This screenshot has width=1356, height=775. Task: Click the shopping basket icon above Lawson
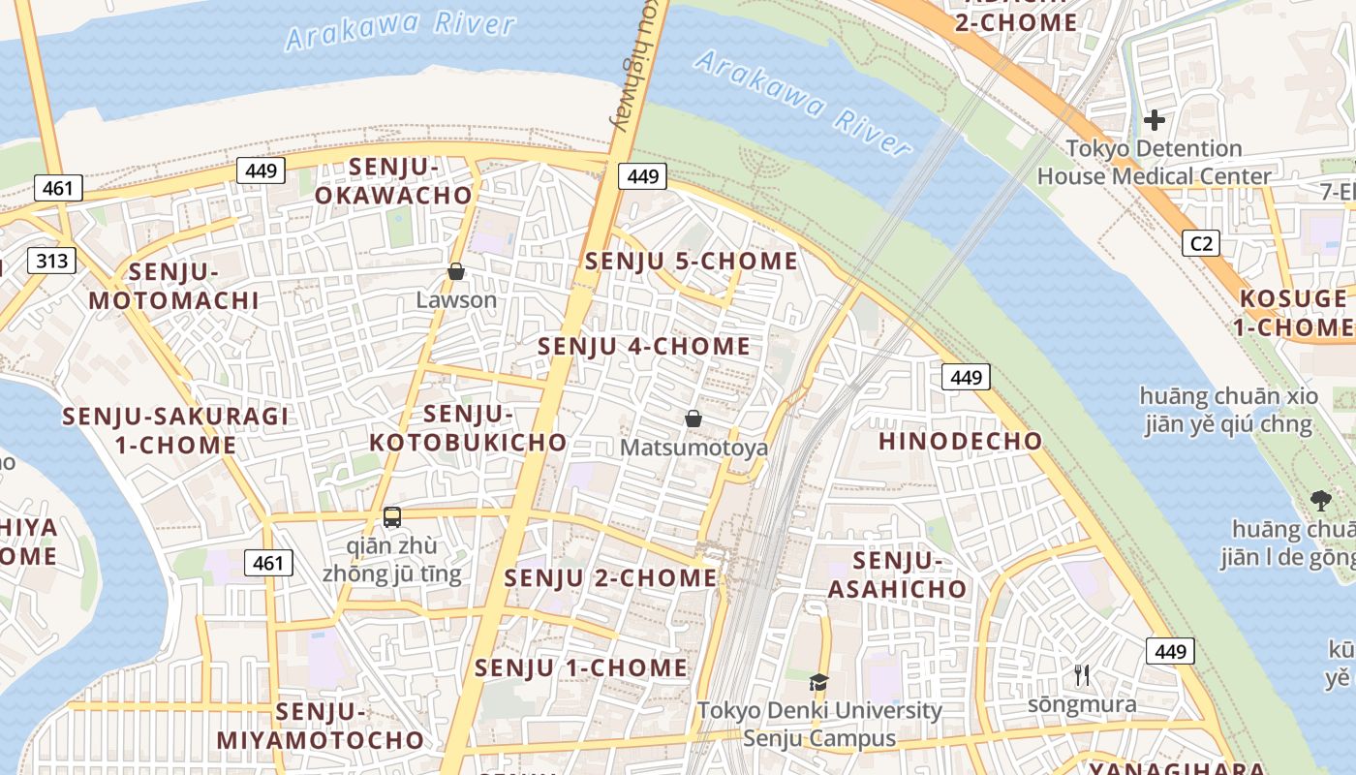pyautogui.click(x=456, y=272)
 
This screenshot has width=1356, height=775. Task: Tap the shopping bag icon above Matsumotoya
pyautogui.click(x=693, y=418)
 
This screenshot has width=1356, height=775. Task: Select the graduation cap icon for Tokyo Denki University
pyautogui.click(x=818, y=682)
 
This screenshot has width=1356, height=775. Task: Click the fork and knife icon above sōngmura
pyautogui.click(x=1082, y=675)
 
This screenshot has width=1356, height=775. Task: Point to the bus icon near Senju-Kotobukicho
pyautogui.click(x=392, y=517)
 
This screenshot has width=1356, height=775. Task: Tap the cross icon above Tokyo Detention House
pyautogui.click(x=1154, y=120)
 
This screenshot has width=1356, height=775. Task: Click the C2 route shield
pyautogui.click(x=1201, y=243)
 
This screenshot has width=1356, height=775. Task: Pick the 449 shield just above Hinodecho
pyautogui.click(x=966, y=377)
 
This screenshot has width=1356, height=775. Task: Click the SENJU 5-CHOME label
pyautogui.click(x=692, y=262)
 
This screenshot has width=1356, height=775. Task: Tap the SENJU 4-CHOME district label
pyautogui.click(x=644, y=346)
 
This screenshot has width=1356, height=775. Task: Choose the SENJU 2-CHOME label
pyautogui.click(x=611, y=578)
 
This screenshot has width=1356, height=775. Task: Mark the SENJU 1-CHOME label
pyautogui.click(x=581, y=667)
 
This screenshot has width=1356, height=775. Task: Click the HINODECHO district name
pyautogui.click(x=960, y=442)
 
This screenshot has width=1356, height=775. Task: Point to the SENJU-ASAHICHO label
pyautogui.click(x=897, y=574)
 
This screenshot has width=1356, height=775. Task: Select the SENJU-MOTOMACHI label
pyautogui.click(x=174, y=286)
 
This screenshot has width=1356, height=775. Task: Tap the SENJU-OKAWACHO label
pyautogui.click(x=393, y=181)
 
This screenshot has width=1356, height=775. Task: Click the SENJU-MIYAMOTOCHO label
pyautogui.click(x=321, y=727)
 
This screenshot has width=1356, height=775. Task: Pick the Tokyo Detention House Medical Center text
pyautogui.click(x=1154, y=163)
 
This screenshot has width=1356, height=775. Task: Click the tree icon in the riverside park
pyautogui.click(x=1319, y=501)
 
